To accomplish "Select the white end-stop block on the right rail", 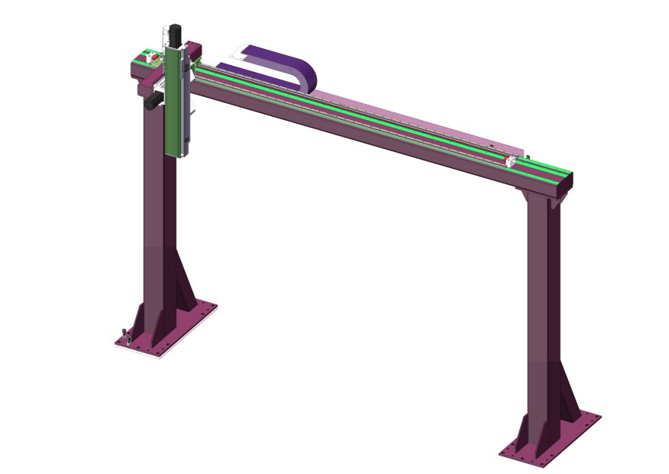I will coord(509,161).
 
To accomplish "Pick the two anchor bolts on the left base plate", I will coord(125,335).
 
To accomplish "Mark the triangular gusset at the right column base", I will coord(570,398).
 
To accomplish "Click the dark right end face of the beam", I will coord(567,183).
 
